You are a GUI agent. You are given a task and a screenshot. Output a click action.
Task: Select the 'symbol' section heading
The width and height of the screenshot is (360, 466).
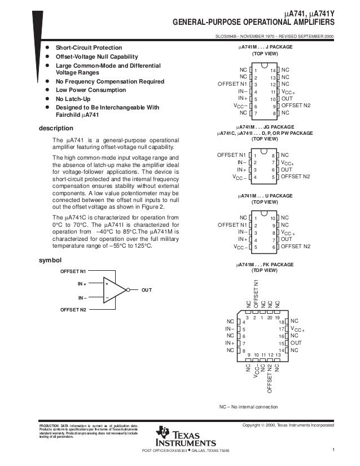(48, 260)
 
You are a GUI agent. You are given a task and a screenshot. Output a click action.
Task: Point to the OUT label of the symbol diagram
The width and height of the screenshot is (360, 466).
(147, 290)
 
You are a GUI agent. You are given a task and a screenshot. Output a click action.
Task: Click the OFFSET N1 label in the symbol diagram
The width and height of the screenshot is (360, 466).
(73, 271)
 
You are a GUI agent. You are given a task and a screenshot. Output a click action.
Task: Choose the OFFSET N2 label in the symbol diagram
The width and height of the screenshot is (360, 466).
(73, 310)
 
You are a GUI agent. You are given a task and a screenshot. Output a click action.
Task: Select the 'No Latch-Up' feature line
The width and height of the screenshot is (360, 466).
(71, 98)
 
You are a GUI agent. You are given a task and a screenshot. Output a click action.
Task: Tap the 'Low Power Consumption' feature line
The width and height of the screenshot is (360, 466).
(87, 90)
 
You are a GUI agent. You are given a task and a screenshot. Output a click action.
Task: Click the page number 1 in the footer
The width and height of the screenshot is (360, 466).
(334, 450)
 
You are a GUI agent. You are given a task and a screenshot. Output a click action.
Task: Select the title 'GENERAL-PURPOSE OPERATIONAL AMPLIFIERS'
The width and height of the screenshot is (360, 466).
(253, 23)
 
